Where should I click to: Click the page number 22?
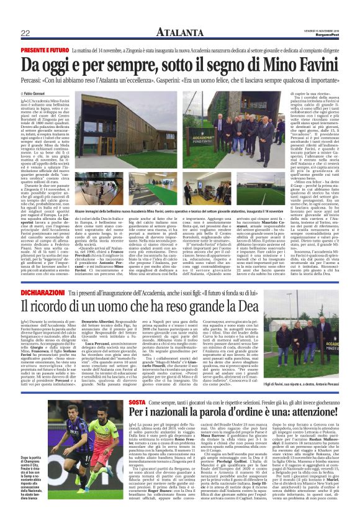[26, 33]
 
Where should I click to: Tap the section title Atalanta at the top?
[179, 32]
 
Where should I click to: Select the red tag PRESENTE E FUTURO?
[44, 49]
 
